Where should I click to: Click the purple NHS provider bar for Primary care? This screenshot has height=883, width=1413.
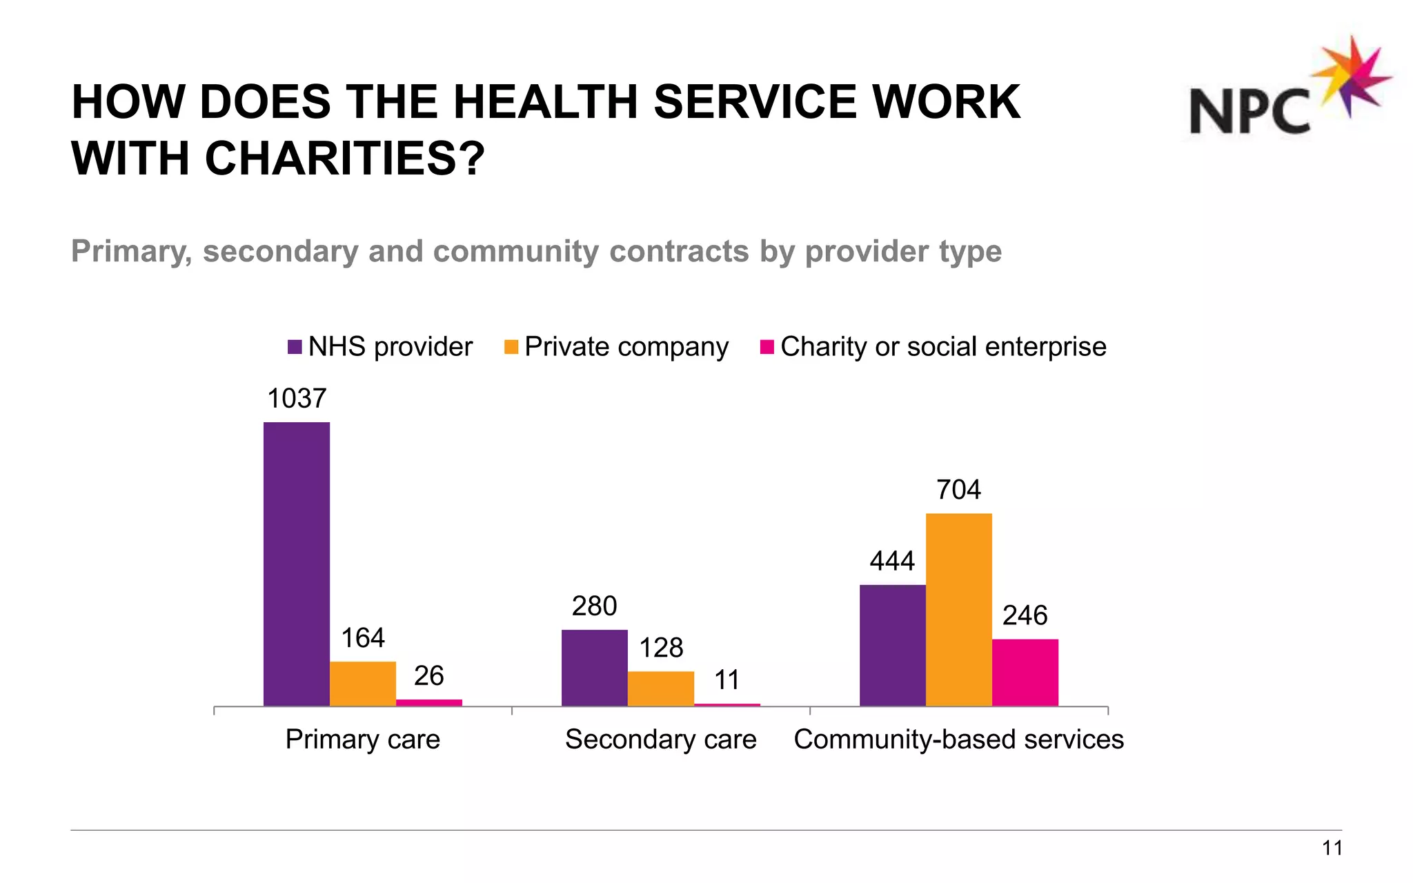tap(296, 564)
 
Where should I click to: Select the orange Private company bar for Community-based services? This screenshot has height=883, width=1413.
tap(958, 609)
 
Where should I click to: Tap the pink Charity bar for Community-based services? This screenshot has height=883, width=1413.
tap(1025, 672)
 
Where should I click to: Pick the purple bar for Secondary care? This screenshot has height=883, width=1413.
tap(594, 667)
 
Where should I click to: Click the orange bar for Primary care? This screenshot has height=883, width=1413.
tap(362, 683)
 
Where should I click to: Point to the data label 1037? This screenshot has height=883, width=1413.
tap(296, 399)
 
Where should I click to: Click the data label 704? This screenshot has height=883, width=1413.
tap(958, 490)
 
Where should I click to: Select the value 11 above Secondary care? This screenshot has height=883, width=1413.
tap(727, 680)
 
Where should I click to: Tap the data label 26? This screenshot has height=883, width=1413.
tap(428, 676)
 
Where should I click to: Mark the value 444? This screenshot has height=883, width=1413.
tap(892, 561)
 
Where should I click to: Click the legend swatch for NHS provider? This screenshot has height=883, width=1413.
tap(295, 347)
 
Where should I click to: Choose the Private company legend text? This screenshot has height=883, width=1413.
tap(626, 347)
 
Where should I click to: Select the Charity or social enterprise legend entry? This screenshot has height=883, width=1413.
tap(942, 347)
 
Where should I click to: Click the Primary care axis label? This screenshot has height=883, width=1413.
tap(362, 740)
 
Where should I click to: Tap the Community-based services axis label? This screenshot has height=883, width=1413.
tap(958, 740)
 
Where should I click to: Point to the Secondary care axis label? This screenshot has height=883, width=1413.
tap(660, 740)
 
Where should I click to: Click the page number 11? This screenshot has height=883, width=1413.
tap(1332, 849)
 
